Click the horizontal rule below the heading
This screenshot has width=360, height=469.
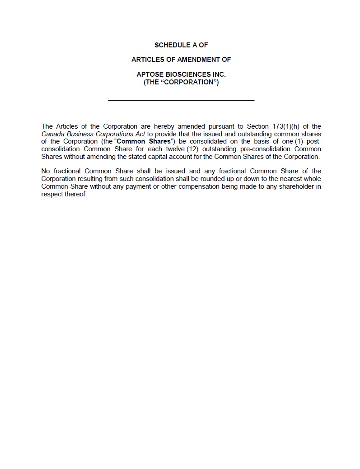181,100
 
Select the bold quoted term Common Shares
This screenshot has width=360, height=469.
143,142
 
